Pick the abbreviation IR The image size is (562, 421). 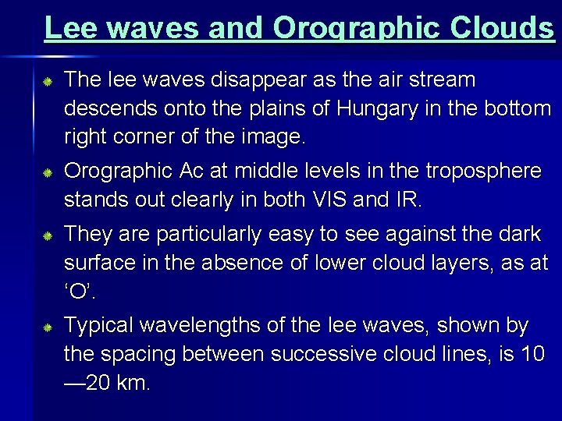(407, 200)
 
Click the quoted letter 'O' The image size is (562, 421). (79, 292)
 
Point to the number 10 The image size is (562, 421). (530, 354)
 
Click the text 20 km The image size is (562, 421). (108, 383)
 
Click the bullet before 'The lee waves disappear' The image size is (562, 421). (47, 81)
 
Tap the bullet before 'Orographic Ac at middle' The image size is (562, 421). (47, 172)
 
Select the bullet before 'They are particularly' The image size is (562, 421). (47, 235)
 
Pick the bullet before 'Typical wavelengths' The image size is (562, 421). (47, 327)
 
